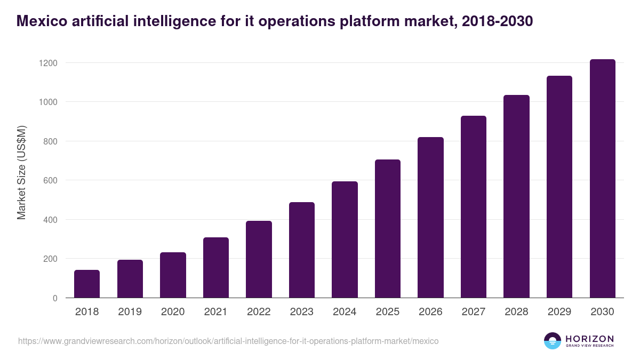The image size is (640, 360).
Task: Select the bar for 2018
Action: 87,284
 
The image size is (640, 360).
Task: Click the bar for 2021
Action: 215,268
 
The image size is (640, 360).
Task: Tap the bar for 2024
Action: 345,239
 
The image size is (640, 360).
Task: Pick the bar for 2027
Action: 474,207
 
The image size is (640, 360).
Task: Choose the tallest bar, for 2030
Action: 602,179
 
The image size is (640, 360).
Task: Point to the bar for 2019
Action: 130,279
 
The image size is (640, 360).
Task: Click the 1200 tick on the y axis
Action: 48,63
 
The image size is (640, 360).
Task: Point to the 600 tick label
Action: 50,180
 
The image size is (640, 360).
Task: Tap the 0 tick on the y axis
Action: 54,298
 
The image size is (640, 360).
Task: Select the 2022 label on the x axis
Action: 259,312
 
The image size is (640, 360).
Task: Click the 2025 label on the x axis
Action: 388,312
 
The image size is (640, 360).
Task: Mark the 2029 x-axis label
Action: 559,312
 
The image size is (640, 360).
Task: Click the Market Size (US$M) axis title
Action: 21,172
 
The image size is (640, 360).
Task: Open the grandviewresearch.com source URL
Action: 228,341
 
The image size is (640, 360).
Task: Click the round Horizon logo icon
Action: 553,341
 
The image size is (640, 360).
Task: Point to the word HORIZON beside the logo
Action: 589,339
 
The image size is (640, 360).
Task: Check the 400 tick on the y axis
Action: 50,220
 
